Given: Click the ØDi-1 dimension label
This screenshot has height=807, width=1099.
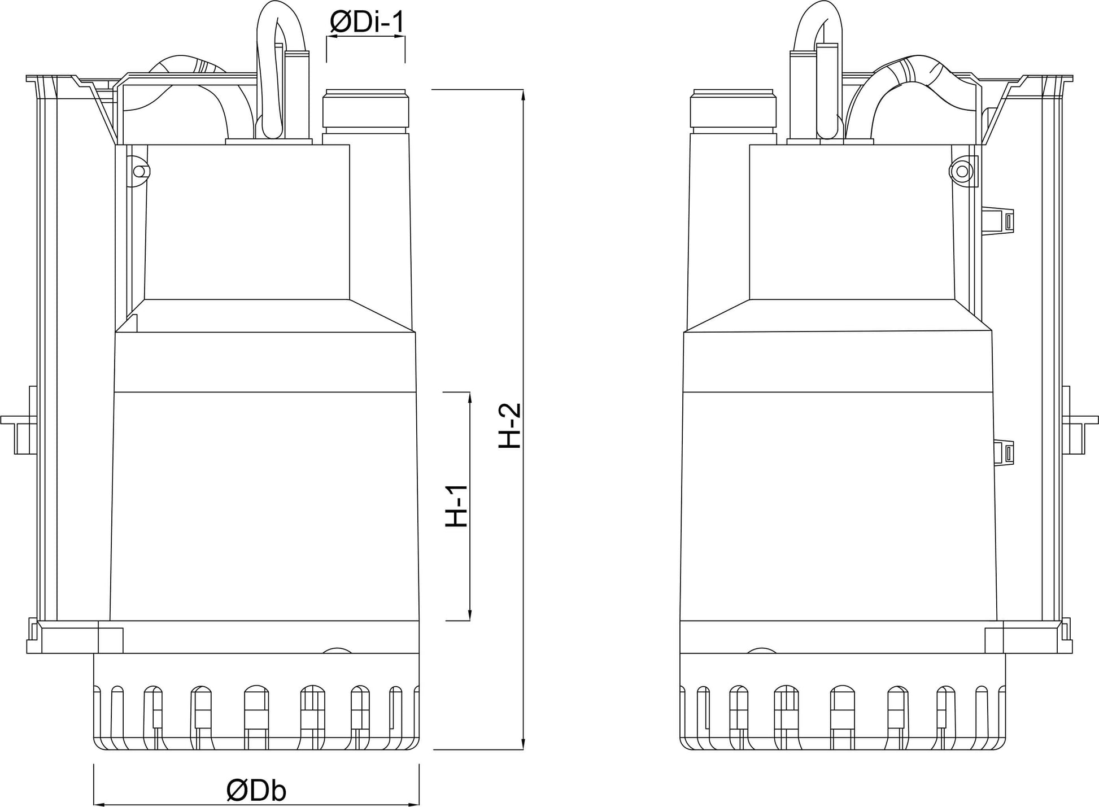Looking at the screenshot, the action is point(367,22).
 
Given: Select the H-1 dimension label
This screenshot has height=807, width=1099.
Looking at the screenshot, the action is point(457,506).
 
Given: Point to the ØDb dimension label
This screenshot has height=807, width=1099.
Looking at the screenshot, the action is point(256,791).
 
